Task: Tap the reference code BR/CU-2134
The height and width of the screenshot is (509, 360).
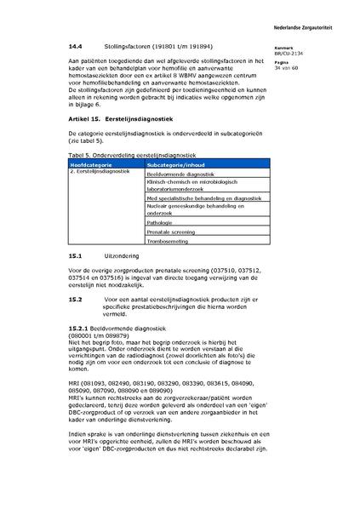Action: (x=302, y=53)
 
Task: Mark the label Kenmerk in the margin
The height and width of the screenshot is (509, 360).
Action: (x=297, y=48)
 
